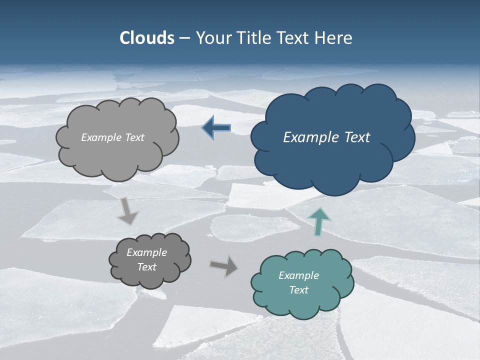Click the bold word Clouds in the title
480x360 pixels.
pyautogui.click(x=146, y=38)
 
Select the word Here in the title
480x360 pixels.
pyautogui.click(x=335, y=38)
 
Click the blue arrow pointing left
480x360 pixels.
pyautogui.click(x=216, y=128)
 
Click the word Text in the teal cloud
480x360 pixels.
pyautogui.click(x=298, y=290)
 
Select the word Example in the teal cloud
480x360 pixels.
pyautogui.click(x=298, y=275)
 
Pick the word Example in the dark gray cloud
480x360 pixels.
pyautogui.click(x=146, y=252)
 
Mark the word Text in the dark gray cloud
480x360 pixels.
pyautogui.click(x=146, y=267)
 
